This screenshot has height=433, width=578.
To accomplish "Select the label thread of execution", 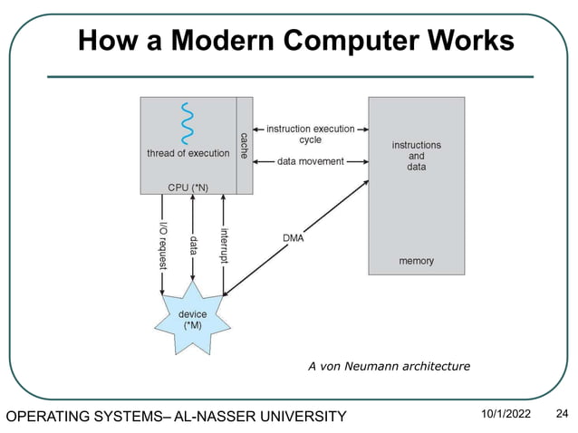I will [x=188, y=153].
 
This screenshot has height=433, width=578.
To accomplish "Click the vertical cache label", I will [x=244, y=146].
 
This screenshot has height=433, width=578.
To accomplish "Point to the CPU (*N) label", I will [x=188, y=187].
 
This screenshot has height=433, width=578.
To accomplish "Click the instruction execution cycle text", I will [x=310, y=135].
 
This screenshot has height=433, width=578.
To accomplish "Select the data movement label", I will [x=310, y=161].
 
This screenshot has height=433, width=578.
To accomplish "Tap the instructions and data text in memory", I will [x=416, y=156].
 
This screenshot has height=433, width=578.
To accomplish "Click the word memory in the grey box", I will [x=416, y=261].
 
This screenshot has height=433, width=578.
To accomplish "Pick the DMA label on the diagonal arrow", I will [x=293, y=238].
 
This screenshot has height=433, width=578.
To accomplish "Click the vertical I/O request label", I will [x=163, y=244].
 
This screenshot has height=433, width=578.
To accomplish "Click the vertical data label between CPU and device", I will [x=193, y=245].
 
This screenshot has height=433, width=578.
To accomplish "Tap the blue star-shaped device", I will [x=192, y=318].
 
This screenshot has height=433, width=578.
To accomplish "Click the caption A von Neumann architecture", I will [x=389, y=367].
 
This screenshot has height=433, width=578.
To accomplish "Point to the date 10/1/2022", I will [x=505, y=414].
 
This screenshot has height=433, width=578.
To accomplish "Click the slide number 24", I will [x=561, y=414].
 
